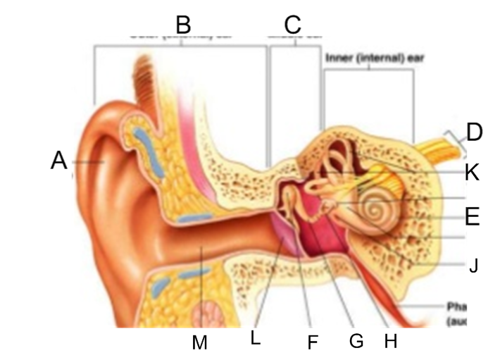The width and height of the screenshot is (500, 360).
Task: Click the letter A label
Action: pyautogui.click(x=58, y=161)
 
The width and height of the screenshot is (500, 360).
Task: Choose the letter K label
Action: pyautogui.click(x=472, y=173)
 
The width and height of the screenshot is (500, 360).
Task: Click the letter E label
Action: pyautogui.click(x=472, y=216)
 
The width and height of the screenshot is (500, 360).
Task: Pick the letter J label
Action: pyautogui.click(x=474, y=266)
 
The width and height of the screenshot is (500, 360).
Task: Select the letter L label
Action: pyautogui.click(x=256, y=338)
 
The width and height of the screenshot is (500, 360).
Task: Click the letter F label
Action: pyautogui.click(x=313, y=342)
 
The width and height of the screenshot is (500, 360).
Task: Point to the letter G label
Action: pyautogui.click(x=356, y=341)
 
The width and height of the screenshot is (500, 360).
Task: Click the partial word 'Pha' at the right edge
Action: pyautogui.click(x=457, y=307)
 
